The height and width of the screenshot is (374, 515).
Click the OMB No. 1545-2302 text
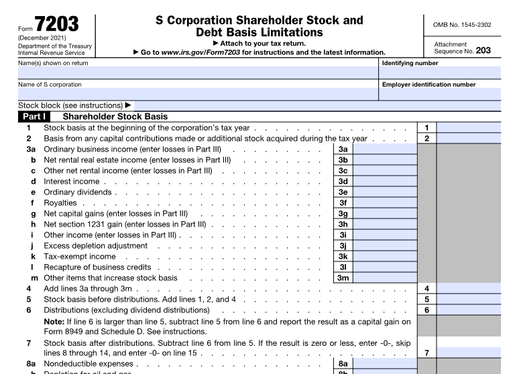[463, 25]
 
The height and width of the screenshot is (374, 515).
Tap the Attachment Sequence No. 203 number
[483, 50]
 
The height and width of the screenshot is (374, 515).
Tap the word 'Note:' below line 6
[54, 321]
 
